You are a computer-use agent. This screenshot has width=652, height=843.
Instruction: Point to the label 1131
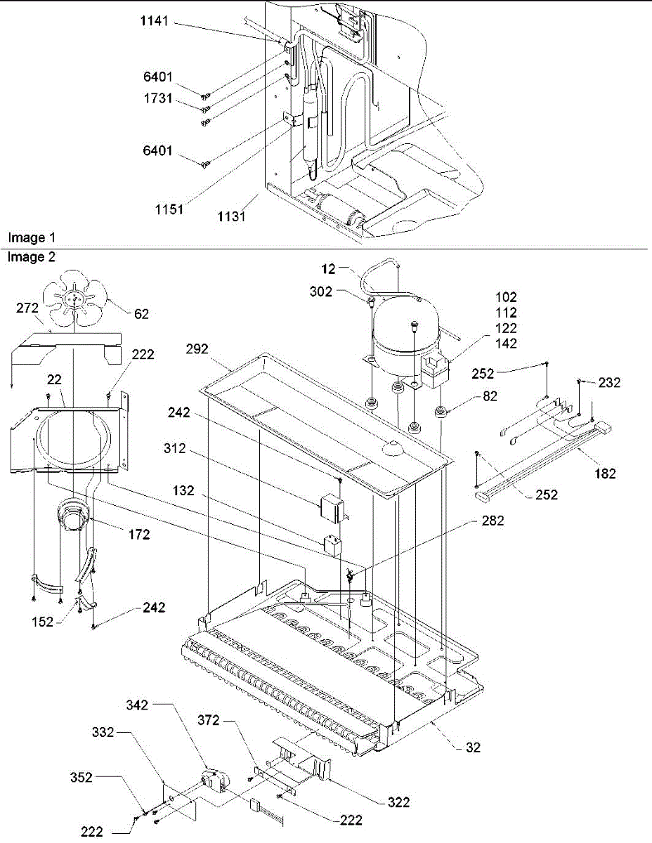click(232, 216)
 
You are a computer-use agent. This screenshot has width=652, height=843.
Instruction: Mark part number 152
click(41, 620)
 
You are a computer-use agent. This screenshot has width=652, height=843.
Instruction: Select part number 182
click(603, 473)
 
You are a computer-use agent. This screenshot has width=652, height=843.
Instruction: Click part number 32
click(474, 747)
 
